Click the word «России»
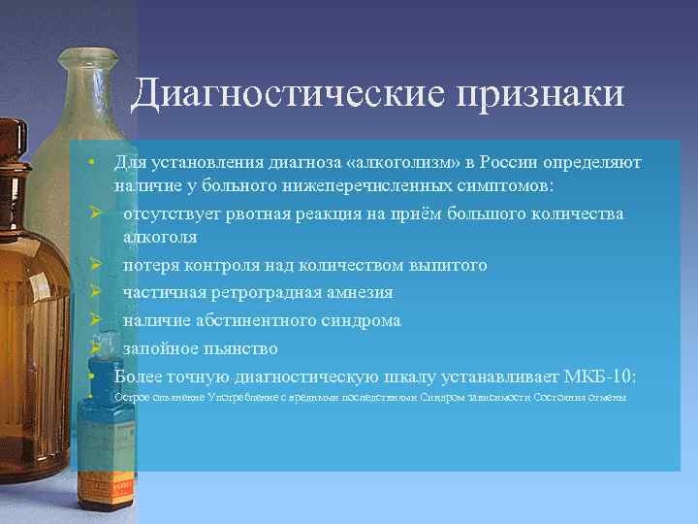[x=497, y=160]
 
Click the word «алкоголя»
[x=160, y=236]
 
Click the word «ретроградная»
[x=257, y=292]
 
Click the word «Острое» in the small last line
[x=129, y=397]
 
